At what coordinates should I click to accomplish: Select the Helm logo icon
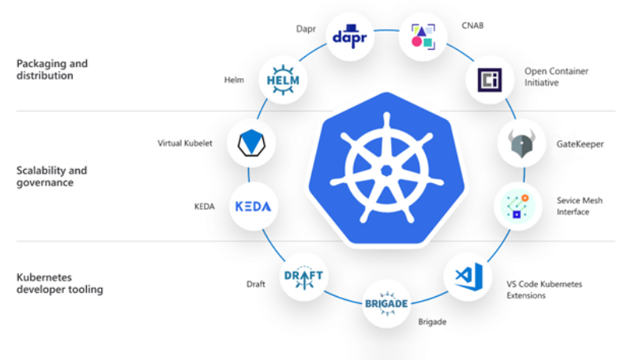pyautogui.click(x=280, y=81)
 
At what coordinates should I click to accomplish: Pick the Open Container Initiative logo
pyautogui.click(x=489, y=79)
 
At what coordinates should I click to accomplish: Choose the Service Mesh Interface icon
pyautogui.click(x=517, y=205)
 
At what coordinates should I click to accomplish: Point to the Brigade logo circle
pyautogui.click(x=387, y=303)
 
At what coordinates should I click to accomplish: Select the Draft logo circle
pyautogui.click(x=304, y=276)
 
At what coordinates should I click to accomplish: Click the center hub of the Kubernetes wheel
pyautogui.click(x=386, y=171)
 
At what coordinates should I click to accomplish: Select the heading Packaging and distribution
pyautogui.click(x=51, y=69)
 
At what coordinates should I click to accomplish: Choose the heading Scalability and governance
pyautogui.click(x=51, y=176)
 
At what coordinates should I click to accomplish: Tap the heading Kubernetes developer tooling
pyautogui.click(x=59, y=283)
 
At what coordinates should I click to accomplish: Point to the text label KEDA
pyautogui.click(x=204, y=206)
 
